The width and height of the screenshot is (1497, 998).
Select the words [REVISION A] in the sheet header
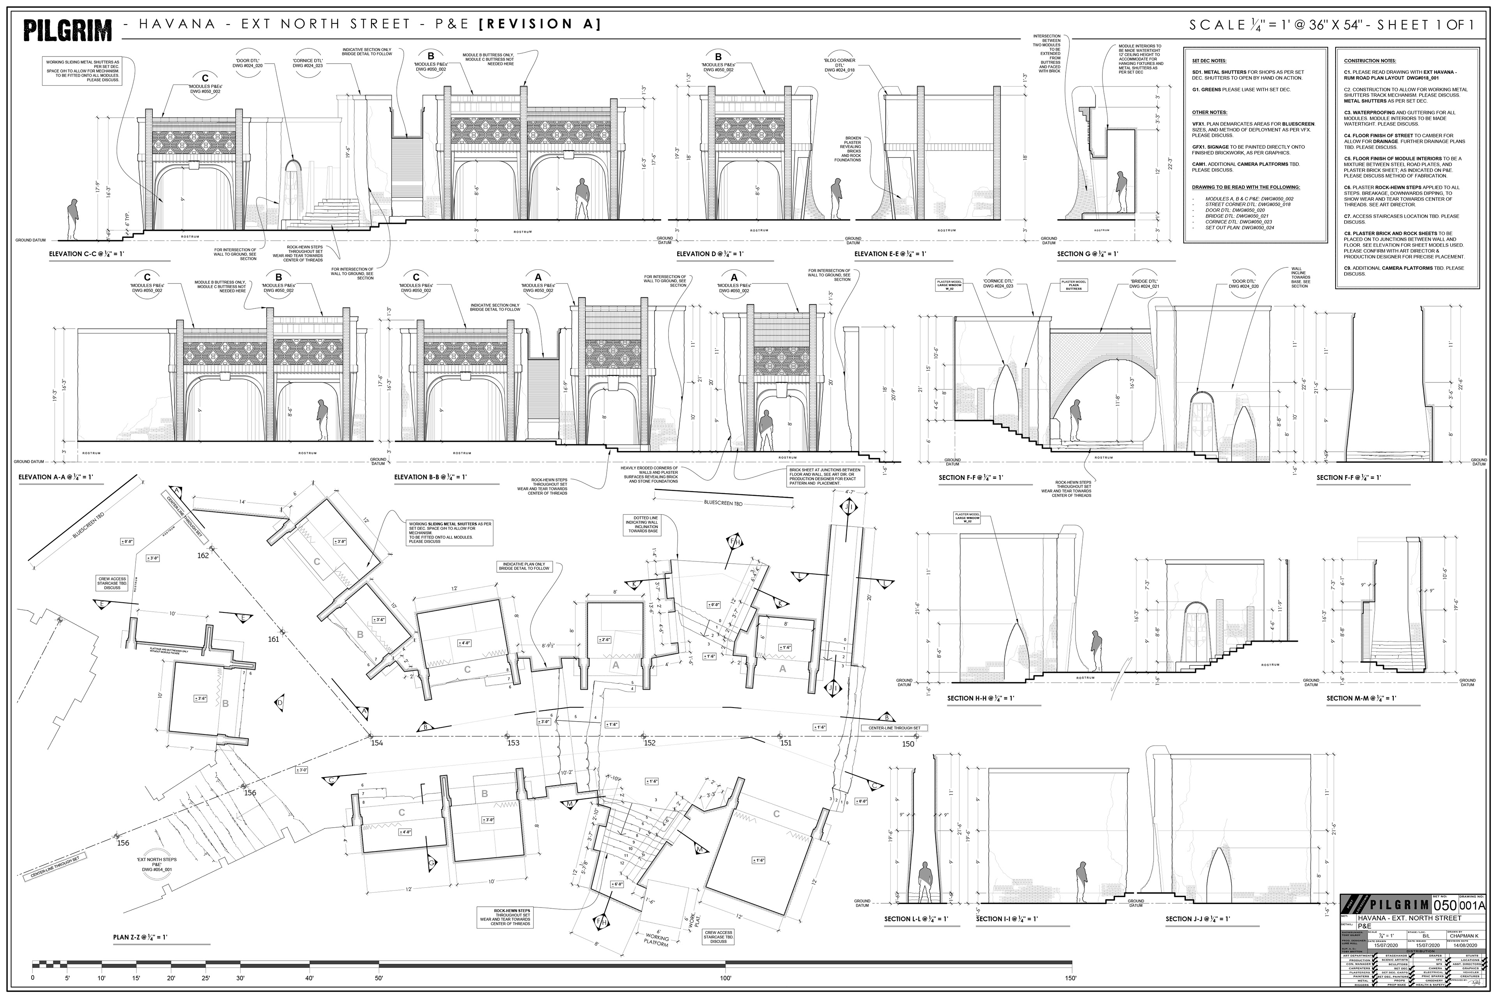pyautogui.click(x=539, y=24)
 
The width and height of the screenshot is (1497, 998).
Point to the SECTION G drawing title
pyautogui.click(x=1087, y=254)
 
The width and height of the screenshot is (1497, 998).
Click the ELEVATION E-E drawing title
pyautogui.click(x=890, y=254)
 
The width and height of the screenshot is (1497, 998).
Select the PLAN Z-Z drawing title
pyautogui.click(x=140, y=937)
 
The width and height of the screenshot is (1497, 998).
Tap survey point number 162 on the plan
pyautogui.click(x=203, y=556)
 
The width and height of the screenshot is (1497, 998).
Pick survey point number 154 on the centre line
pyautogui.click(x=377, y=743)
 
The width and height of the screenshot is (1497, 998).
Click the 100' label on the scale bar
pyautogui.click(x=725, y=978)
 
